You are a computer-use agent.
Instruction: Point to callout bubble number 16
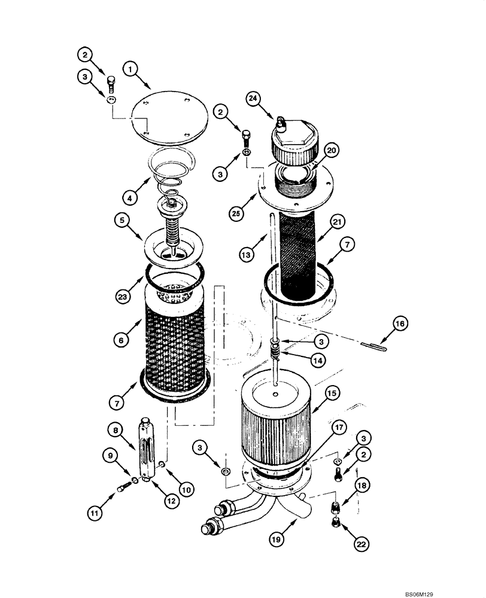tap(400, 324)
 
